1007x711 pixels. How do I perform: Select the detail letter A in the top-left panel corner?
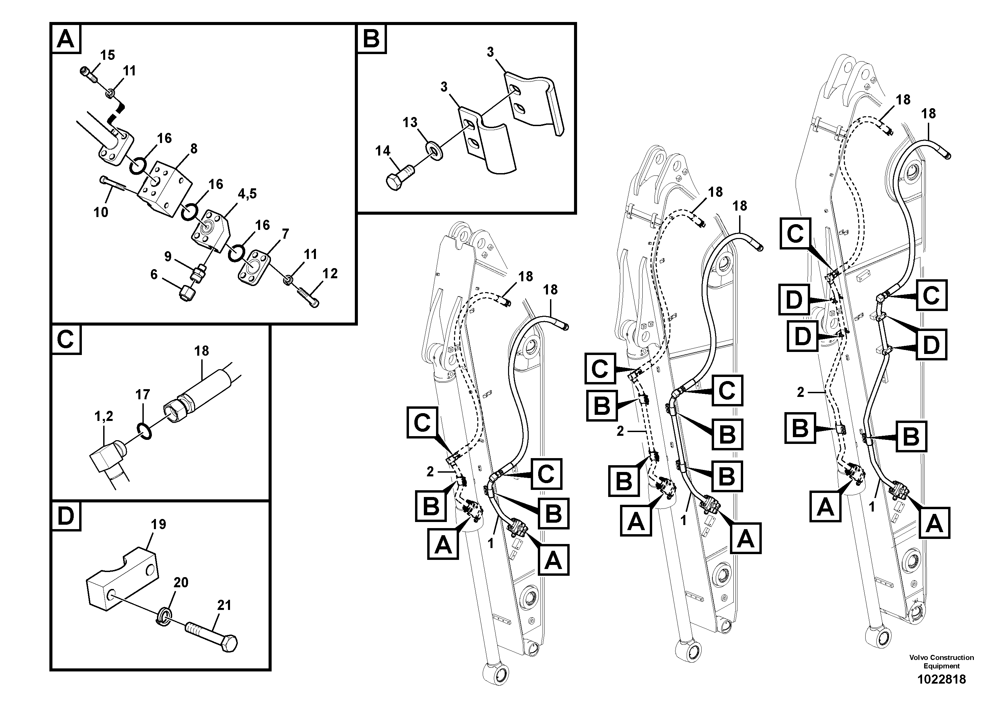click(x=66, y=39)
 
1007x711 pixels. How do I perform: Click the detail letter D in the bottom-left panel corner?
click(x=66, y=516)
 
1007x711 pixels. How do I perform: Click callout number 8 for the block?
click(x=193, y=149)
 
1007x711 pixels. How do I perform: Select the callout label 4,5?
click(x=247, y=194)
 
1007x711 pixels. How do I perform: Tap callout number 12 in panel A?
click(x=330, y=274)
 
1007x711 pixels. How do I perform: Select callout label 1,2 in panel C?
click(x=104, y=417)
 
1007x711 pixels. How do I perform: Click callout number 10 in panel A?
click(x=100, y=212)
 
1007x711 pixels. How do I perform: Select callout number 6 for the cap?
click(x=154, y=275)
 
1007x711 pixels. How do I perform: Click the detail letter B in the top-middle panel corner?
click(x=371, y=39)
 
